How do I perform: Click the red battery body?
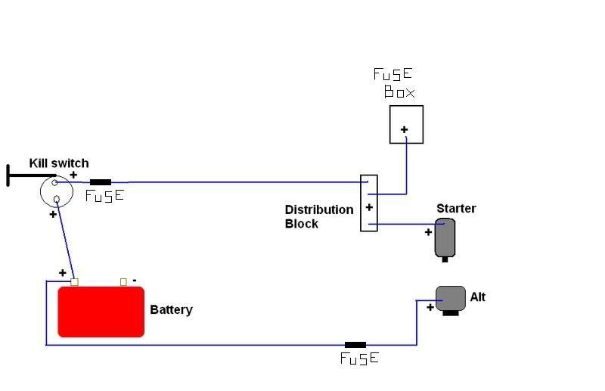[x=101, y=312]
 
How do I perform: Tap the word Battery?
[x=171, y=310]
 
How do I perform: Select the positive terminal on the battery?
[x=74, y=282]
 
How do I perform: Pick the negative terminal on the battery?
[x=123, y=282]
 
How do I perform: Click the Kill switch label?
[x=59, y=163]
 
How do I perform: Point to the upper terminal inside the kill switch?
[x=54, y=182]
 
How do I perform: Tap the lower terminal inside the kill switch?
[x=56, y=199]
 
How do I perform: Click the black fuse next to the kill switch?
[x=101, y=182]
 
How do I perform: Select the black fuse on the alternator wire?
[x=355, y=345]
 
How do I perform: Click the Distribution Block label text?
[x=319, y=216]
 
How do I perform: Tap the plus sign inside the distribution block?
[x=369, y=208]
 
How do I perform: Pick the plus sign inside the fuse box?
[x=404, y=129]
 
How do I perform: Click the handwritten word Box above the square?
[x=399, y=92]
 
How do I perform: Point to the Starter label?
[x=456, y=209]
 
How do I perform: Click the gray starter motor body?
[x=445, y=237]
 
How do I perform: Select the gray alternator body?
[x=451, y=299]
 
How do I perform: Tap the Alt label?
[x=478, y=296]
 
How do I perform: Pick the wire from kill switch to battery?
[x=65, y=240]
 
